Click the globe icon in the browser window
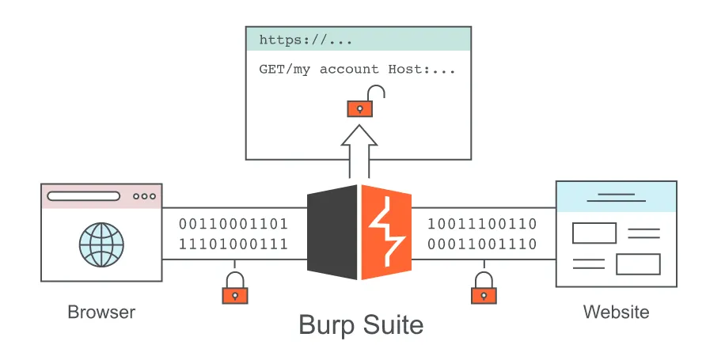click(x=101, y=245)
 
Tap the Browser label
click(x=101, y=312)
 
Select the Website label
click(x=616, y=312)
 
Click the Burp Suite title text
click(x=361, y=325)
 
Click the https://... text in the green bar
click(x=306, y=40)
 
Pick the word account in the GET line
click(x=349, y=70)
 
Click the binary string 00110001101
click(x=233, y=224)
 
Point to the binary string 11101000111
click(x=233, y=244)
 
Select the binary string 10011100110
click(x=482, y=224)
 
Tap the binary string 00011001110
click(x=482, y=244)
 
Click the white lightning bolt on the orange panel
click(x=387, y=232)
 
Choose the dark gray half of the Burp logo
click(x=332, y=232)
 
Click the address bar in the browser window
click(x=84, y=196)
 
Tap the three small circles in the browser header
click(x=145, y=196)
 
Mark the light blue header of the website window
click(x=616, y=196)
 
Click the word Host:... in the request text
click(x=422, y=70)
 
